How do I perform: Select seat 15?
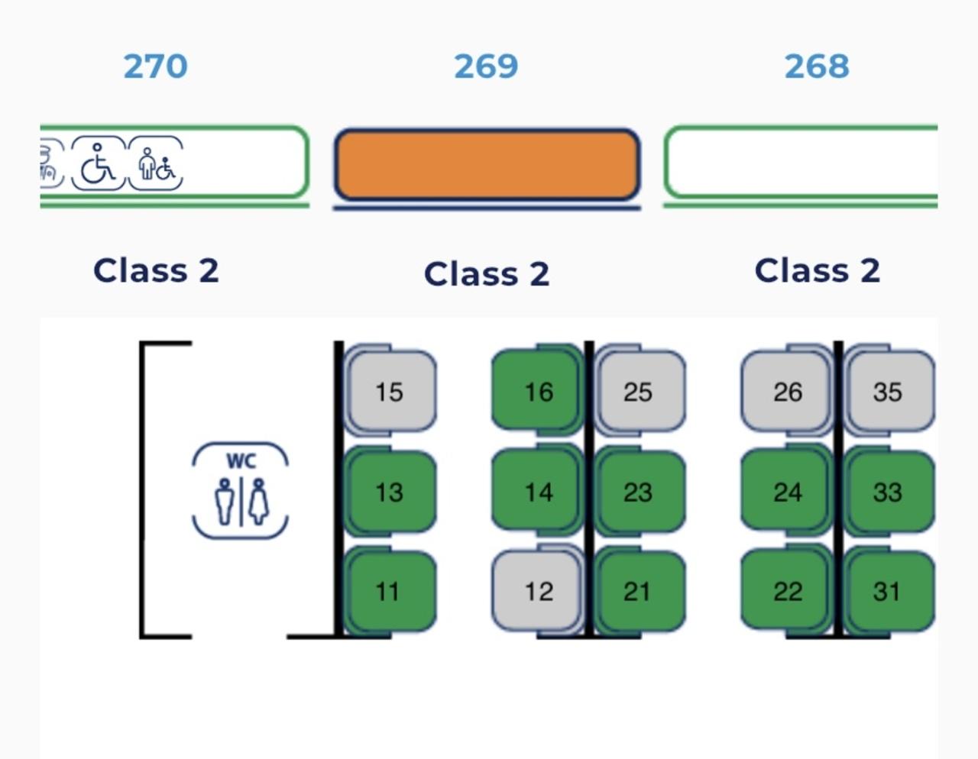coord(390,391)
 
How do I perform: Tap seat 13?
coord(390,491)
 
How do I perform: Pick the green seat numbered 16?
coord(537,391)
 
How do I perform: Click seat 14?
coord(537,491)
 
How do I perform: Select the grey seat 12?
coord(537,590)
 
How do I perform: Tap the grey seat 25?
coord(639,391)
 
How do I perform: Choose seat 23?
coord(639,491)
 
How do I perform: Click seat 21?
coord(639,590)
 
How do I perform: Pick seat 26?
coord(786,391)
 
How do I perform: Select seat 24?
coord(786,491)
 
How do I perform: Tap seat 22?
coord(786,590)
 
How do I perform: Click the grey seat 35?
coord(888,391)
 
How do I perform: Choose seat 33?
coord(888,491)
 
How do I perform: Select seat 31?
coord(888,590)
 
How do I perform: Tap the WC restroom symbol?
coord(240,490)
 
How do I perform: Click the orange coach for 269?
coord(487,165)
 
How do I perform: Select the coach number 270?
coord(155,66)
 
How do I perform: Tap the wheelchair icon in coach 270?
coord(98,163)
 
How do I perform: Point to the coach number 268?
coord(816,66)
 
